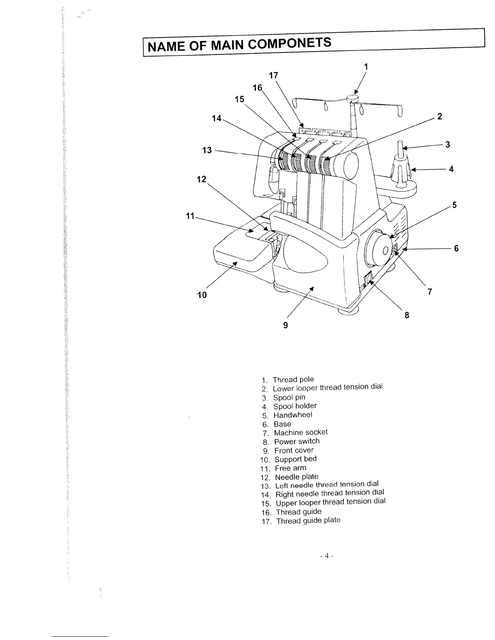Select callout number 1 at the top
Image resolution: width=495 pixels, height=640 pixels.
[x=366, y=66]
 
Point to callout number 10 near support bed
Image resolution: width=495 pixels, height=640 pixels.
[x=202, y=295]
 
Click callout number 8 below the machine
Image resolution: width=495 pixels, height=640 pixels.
[x=407, y=315]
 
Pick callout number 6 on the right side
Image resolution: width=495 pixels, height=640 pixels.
[x=456, y=248]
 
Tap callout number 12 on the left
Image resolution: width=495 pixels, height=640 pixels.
[x=201, y=179]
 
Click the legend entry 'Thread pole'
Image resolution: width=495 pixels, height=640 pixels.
[x=293, y=379]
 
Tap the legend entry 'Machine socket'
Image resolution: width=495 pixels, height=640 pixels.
[x=300, y=432]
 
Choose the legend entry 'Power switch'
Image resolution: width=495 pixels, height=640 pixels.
[x=297, y=441]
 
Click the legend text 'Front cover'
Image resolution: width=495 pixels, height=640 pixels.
[x=294, y=450]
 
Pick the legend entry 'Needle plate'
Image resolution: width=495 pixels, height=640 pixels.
[x=296, y=477]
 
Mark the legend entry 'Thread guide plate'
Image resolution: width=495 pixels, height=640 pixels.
[x=308, y=520]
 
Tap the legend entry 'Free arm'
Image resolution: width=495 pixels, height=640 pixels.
[x=290, y=468]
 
